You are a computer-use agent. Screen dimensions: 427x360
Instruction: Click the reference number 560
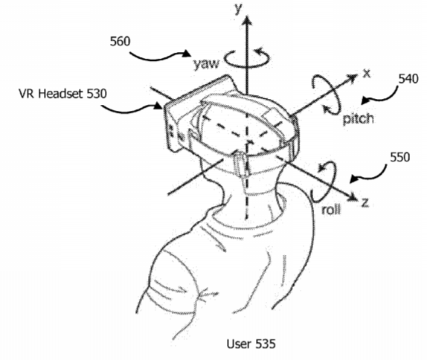point(120,42)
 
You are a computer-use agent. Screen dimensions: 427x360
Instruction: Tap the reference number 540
point(408,79)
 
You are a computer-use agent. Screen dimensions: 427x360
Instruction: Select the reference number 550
point(399,158)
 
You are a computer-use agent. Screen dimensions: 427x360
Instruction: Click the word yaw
point(206,64)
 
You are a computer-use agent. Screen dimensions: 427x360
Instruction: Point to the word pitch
point(359,119)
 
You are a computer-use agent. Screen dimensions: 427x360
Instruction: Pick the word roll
point(331,210)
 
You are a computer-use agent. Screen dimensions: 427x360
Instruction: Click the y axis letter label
point(239,9)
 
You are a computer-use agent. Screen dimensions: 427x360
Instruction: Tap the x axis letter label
point(367,74)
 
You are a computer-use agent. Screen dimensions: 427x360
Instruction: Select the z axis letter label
point(365,203)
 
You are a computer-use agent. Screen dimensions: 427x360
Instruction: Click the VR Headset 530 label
point(62,94)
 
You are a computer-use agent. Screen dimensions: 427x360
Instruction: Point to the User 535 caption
point(251,344)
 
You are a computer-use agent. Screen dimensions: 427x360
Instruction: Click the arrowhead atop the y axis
point(247,20)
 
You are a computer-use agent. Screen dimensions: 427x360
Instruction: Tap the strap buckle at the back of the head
point(240,165)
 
